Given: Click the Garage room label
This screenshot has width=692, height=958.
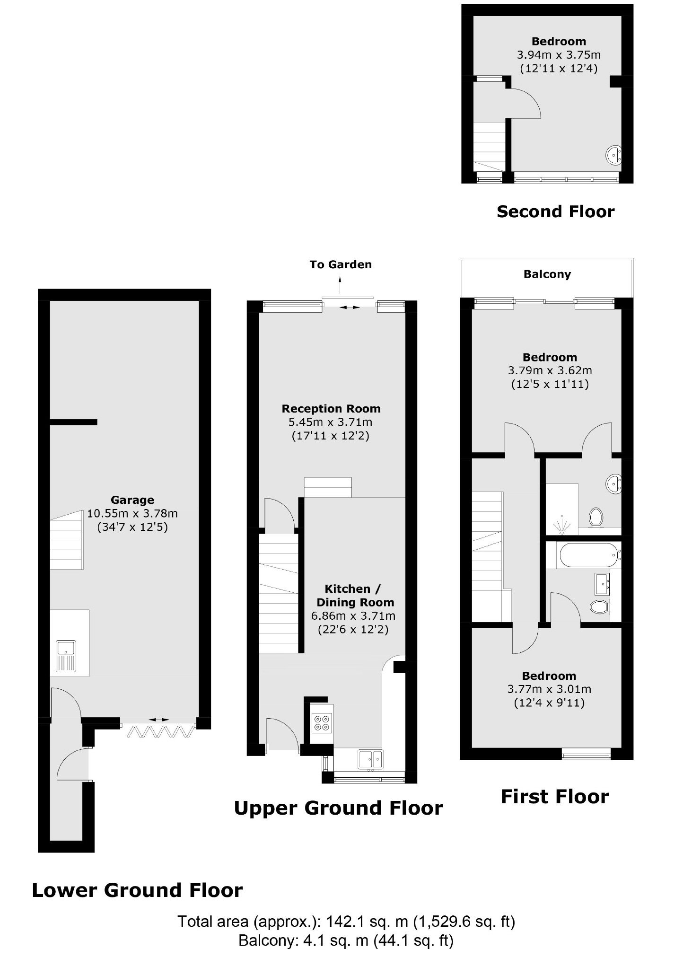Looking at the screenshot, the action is tap(132, 500).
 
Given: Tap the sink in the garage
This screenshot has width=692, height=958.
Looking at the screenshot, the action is tap(66, 656).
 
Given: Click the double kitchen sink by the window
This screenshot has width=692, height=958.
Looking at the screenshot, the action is tap(371, 759).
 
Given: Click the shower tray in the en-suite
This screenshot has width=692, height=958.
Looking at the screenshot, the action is tap(562, 509).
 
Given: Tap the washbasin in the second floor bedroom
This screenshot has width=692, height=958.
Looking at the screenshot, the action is tap(613, 155).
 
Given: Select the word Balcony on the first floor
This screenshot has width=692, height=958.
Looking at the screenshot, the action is tap(547, 274).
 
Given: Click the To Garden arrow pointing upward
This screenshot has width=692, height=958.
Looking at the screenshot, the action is tap(340, 285).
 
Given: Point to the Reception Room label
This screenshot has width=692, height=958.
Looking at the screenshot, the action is tap(331, 409).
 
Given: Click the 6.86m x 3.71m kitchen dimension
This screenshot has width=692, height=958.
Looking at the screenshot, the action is tap(353, 616).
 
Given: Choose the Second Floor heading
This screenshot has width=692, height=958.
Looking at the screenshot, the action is tap(555, 211).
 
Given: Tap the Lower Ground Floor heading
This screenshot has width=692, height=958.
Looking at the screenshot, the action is tap(137, 890).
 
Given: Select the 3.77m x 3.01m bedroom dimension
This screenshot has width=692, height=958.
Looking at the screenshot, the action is tap(549, 690).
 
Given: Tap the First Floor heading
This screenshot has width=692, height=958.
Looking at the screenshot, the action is tap(555, 797).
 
